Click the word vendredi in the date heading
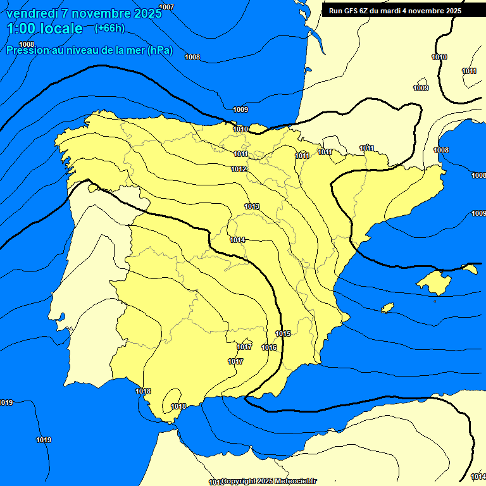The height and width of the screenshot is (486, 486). [35, 13]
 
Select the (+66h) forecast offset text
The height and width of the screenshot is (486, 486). [109, 28]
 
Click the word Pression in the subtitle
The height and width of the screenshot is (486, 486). [26, 51]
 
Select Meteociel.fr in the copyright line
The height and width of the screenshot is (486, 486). [296, 482]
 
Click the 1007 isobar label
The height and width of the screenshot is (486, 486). [166, 7]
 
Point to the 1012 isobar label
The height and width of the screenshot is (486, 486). [239, 169]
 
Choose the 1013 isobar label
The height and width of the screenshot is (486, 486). [252, 206]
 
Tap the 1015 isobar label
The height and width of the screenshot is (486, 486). [283, 333]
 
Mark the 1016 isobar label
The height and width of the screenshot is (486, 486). [269, 347]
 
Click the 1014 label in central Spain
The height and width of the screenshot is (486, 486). [237, 240]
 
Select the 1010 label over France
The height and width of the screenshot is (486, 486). [439, 58]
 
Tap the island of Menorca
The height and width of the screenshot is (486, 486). [470, 268]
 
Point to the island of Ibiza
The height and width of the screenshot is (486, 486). [388, 308]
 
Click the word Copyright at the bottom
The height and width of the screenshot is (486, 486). [239, 482]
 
